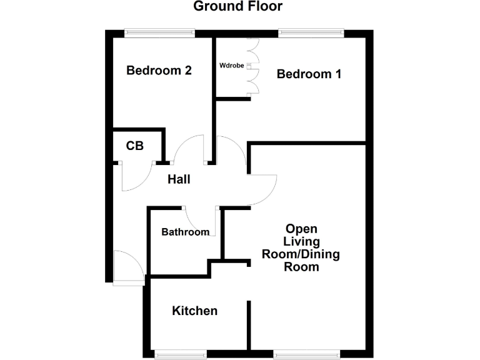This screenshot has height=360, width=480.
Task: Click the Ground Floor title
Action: point(237,7)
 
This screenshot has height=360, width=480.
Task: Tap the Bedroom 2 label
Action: point(159,71)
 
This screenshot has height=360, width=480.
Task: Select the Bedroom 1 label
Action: point(309,74)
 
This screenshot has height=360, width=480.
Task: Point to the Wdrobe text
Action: point(231,65)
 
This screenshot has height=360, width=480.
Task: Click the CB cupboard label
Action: point(135,146)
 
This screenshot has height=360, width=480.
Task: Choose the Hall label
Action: point(179,179)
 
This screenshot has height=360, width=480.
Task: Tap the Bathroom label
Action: point(185,232)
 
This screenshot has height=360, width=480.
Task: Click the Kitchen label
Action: point(195,311)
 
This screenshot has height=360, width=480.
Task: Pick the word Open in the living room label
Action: point(302,228)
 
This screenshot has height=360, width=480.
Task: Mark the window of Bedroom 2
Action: point(159,33)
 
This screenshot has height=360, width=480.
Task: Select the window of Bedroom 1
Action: point(311,33)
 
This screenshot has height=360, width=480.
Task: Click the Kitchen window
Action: point(181,354)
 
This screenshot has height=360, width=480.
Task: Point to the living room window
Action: point(307,354)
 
